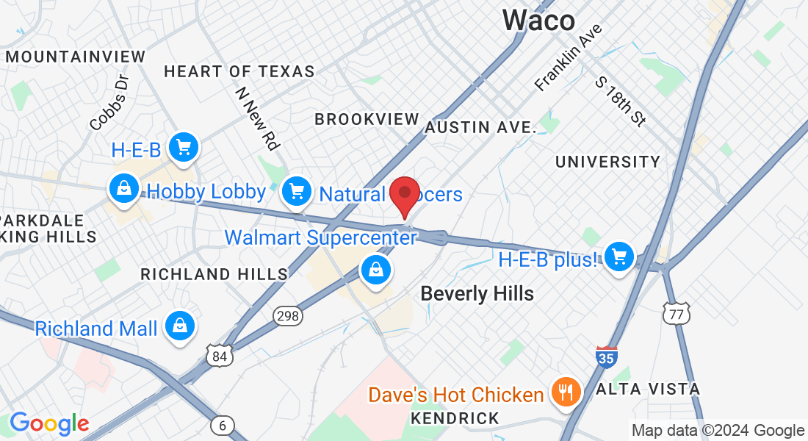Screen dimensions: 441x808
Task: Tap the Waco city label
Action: coord(538,20)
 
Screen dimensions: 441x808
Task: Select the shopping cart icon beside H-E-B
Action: coord(184,149)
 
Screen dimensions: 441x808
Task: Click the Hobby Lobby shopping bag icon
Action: coord(125,190)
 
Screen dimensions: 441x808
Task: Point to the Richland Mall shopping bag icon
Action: coord(179,326)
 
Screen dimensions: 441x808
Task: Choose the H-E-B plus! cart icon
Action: coord(620,257)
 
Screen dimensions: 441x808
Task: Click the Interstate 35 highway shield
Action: coord(606,357)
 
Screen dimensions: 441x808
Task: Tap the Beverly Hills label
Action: coord(477,294)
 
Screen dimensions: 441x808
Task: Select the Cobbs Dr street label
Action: coord(109,103)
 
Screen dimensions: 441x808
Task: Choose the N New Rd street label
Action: coord(257,119)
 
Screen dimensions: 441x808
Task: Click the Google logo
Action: coord(49,423)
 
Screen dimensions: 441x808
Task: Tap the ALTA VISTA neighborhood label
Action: coord(648,389)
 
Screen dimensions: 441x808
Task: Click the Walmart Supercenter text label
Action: coord(320,238)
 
